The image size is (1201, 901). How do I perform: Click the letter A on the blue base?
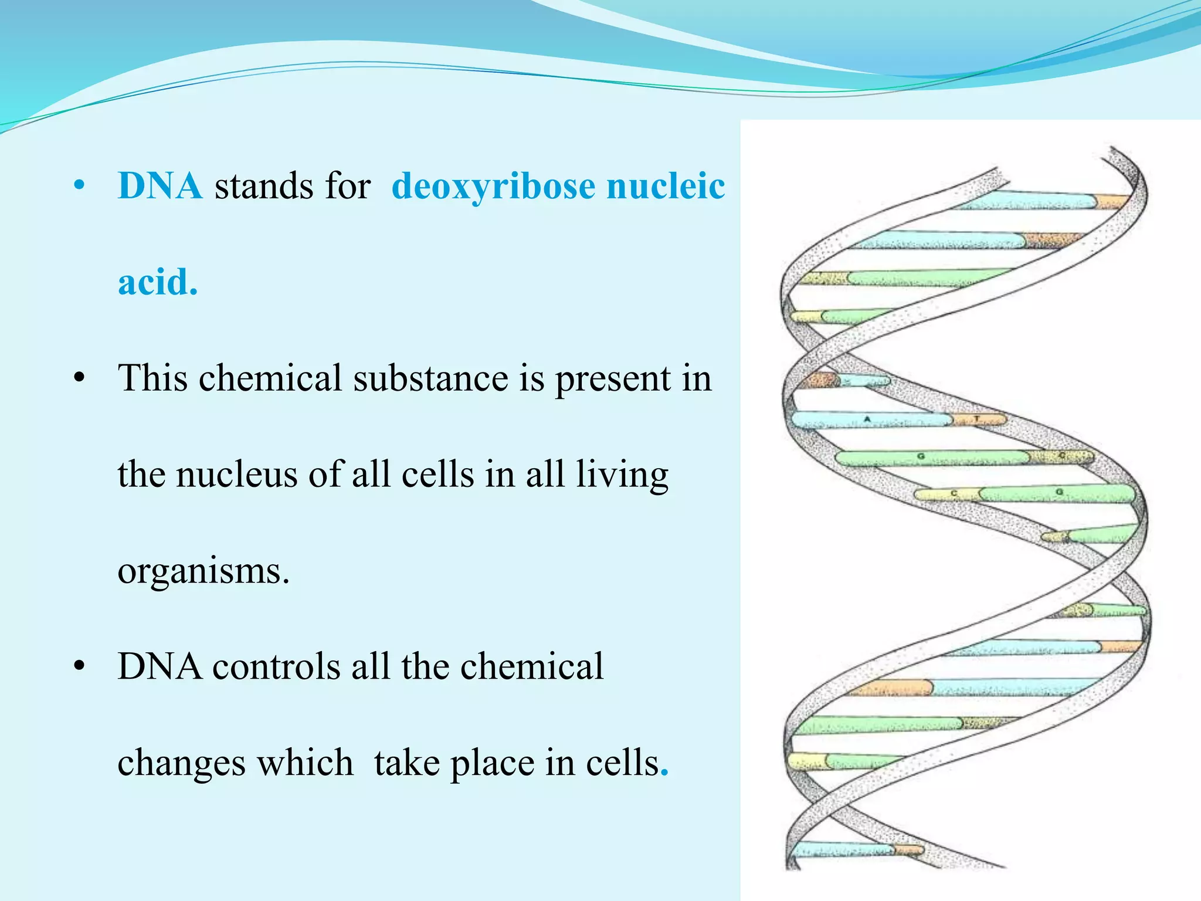point(867,419)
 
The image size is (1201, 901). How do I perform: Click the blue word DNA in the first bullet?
point(160,186)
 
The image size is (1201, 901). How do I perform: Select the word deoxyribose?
point(493,187)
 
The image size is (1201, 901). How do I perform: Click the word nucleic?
point(666,186)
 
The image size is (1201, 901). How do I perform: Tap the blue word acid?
point(157,282)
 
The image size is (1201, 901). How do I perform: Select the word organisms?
point(203,571)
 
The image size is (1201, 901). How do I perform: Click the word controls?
point(276,667)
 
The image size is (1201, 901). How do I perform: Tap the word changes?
point(181,763)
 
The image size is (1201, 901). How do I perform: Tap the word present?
point(612,379)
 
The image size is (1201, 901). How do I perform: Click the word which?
point(305,763)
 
